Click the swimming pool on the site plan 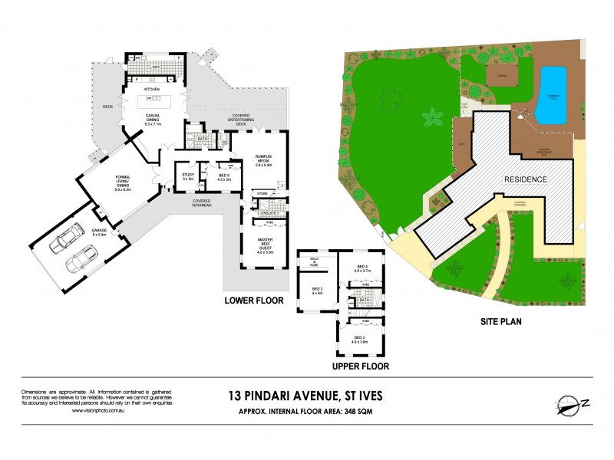click(551, 95)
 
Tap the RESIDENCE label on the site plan click(525, 179)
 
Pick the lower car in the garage click(80, 261)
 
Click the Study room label click(187, 176)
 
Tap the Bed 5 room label click(224, 177)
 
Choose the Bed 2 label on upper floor click(317, 290)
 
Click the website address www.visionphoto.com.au click(99, 410)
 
